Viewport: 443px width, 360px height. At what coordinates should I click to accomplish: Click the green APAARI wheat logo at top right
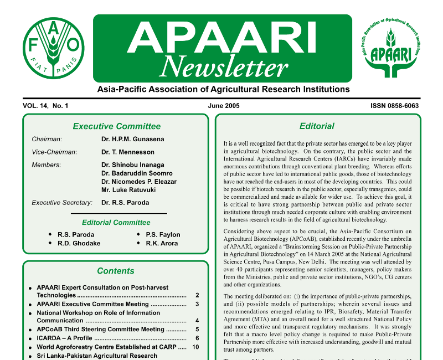coord(390,48)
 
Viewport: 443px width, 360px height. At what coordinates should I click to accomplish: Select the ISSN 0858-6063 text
coord(394,105)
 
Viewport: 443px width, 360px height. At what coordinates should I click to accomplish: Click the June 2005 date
coord(224,105)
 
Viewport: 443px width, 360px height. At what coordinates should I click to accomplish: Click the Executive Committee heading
coord(116,126)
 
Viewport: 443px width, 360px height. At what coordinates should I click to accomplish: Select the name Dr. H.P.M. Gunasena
coord(132,140)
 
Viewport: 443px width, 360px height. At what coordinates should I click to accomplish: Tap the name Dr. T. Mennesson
coord(128,152)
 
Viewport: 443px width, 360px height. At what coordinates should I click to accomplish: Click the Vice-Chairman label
coord(54,152)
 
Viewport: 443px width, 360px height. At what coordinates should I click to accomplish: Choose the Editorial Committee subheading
coord(116,223)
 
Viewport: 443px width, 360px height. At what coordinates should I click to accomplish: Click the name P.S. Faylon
coord(163,235)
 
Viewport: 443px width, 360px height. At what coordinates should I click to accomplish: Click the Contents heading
coord(116,271)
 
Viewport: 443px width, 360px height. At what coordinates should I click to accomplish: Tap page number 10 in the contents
coord(195,347)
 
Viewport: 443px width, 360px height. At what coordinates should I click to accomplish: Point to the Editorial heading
coord(317,126)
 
